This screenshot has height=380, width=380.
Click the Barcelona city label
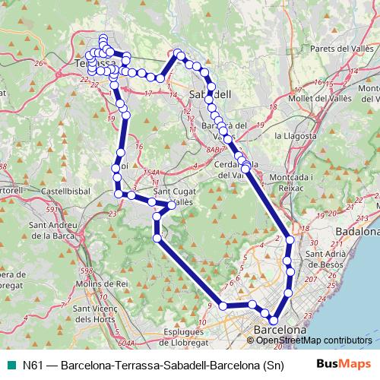click(x=280, y=331)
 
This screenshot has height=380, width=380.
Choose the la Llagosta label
click(x=293, y=135)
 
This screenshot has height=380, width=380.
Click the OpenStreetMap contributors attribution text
click(x=313, y=340)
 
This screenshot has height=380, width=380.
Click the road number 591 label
click(x=30, y=210)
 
